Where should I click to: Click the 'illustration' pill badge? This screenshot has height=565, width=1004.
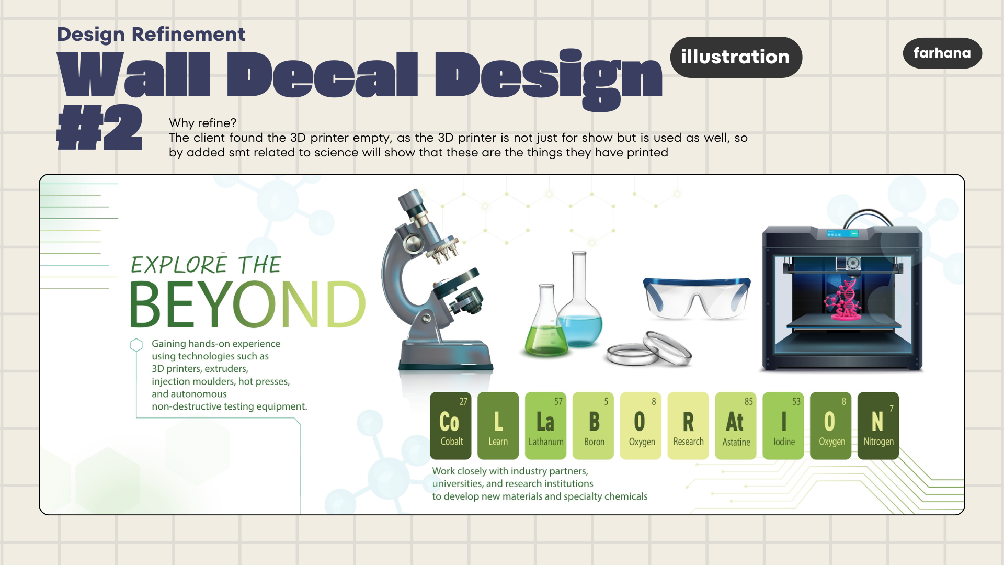tap(736, 57)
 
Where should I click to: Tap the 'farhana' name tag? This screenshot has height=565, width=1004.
tap(942, 53)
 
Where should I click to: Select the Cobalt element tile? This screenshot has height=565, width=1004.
tap(451, 425)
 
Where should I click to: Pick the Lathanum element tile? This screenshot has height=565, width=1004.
tap(545, 425)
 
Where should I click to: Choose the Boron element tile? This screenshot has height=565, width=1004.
tap(593, 425)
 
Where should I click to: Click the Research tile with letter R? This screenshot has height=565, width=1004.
tap(688, 425)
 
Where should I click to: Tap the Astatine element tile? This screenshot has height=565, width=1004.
tap(736, 425)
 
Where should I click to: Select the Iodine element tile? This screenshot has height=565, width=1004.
tap(783, 425)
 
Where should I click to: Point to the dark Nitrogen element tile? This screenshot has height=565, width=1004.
tap(878, 425)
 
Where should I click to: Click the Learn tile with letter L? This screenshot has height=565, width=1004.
tap(498, 425)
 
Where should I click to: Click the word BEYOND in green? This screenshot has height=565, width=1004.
tap(247, 304)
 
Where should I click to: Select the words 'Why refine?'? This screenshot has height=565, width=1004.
tap(202, 123)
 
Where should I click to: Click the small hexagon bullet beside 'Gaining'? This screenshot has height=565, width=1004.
tap(136, 345)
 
